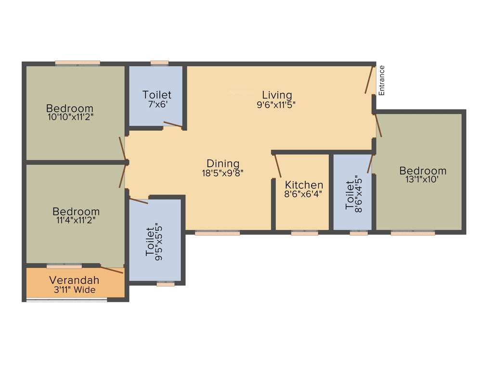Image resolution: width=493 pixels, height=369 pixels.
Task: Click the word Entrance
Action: click(x=382, y=80)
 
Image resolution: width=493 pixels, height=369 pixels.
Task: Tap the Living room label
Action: click(x=277, y=95)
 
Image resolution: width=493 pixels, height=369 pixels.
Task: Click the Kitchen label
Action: click(x=304, y=185)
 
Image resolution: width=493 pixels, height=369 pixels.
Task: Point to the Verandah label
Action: click(x=74, y=280)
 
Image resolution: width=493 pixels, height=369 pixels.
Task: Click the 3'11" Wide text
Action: click(x=74, y=290)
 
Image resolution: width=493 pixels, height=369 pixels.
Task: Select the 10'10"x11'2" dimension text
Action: click(x=69, y=117)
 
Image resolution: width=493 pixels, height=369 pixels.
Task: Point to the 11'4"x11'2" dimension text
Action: click(x=76, y=221)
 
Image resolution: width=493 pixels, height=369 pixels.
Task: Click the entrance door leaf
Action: click(x=370, y=79)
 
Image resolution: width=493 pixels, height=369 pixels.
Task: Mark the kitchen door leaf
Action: click(x=277, y=166)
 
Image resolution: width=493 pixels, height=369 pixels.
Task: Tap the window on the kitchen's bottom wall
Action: click(x=304, y=233)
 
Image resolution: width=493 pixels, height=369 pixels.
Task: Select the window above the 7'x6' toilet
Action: click(x=159, y=62)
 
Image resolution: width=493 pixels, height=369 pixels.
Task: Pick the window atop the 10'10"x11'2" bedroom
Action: click(x=78, y=62)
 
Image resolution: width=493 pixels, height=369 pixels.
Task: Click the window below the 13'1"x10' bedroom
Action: click(x=413, y=233)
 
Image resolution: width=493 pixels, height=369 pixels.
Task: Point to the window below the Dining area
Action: click(x=217, y=233)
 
